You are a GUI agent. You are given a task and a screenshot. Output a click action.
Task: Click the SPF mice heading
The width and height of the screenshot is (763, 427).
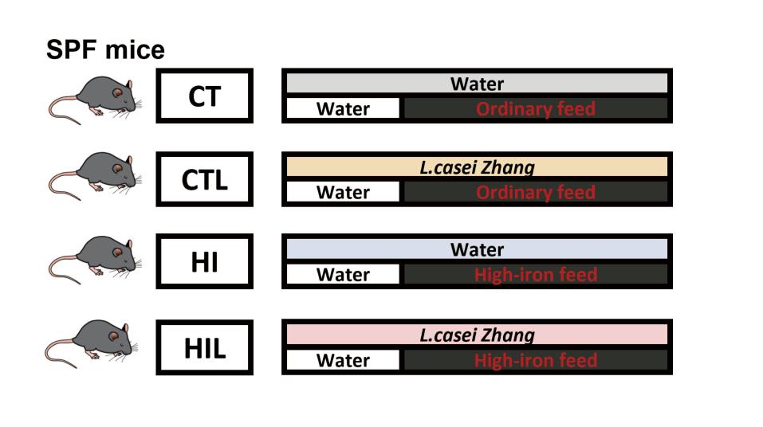click(x=105, y=49)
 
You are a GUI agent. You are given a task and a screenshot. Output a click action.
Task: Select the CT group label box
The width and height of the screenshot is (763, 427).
click(x=204, y=96)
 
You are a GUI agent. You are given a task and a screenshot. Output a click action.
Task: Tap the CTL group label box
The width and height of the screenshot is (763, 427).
click(x=204, y=179)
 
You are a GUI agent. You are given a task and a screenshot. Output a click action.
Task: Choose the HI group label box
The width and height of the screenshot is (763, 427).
click(x=204, y=261)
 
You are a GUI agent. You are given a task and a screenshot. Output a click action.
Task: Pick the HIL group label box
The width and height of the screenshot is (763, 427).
click(x=204, y=347)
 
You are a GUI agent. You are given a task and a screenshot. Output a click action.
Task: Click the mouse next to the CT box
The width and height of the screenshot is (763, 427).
click(x=96, y=100)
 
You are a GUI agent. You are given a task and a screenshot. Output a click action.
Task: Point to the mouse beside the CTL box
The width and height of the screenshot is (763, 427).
click(x=96, y=175)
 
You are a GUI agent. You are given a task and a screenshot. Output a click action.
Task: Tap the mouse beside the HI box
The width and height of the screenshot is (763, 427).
click(x=96, y=260)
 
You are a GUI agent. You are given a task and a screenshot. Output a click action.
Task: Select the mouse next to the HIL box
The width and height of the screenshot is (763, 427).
click(x=92, y=343)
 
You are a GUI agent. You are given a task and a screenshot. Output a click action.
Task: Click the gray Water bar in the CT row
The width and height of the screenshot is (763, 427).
click(x=477, y=83)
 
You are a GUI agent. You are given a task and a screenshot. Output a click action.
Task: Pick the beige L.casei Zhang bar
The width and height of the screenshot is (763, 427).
click(x=477, y=166)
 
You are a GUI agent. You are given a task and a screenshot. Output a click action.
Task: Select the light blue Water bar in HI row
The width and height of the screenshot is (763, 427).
click(x=477, y=249)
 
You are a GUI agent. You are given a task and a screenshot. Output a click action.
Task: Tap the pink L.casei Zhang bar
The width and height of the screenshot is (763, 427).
click(x=477, y=335)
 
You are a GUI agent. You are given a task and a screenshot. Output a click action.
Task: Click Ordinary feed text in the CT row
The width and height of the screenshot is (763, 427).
click(x=536, y=109)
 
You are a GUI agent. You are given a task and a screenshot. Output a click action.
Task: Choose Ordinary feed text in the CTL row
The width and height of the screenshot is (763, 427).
click(x=536, y=192)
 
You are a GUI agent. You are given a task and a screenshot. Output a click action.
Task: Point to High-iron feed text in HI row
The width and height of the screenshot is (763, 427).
click(x=536, y=275)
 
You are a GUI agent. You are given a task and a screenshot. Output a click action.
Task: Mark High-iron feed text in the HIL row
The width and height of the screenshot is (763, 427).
click(x=536, y=360)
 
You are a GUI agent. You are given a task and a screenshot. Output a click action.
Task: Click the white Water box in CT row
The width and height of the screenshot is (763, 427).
click(x=343, y=108)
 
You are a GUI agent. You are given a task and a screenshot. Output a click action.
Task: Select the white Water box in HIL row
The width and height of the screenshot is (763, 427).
click(x=343, y=360)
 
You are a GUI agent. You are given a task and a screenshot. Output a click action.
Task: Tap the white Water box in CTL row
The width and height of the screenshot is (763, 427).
click(x=343, y=192)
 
